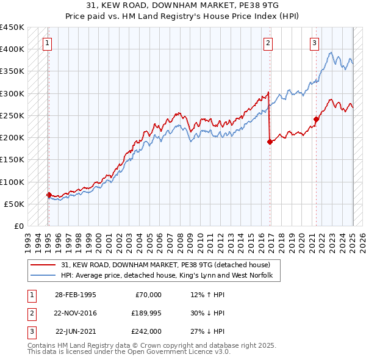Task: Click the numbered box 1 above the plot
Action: click(x=47, y=43)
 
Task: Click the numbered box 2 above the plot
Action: click(x=268, y=43)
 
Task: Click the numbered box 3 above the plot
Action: click(x=314, y=43)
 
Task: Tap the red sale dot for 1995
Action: click(x=49, y=195)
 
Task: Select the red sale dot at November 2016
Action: click(x=270, y=142)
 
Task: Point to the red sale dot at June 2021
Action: click(x=317, y=119)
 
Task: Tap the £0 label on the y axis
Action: click(x=18, y=226)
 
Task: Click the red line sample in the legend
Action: click(x=44, y=265)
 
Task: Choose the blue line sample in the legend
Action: click(x=44, y=276)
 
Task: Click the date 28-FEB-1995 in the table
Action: click(x=75, y=295)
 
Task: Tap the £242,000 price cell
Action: click(x=146, y=331)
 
